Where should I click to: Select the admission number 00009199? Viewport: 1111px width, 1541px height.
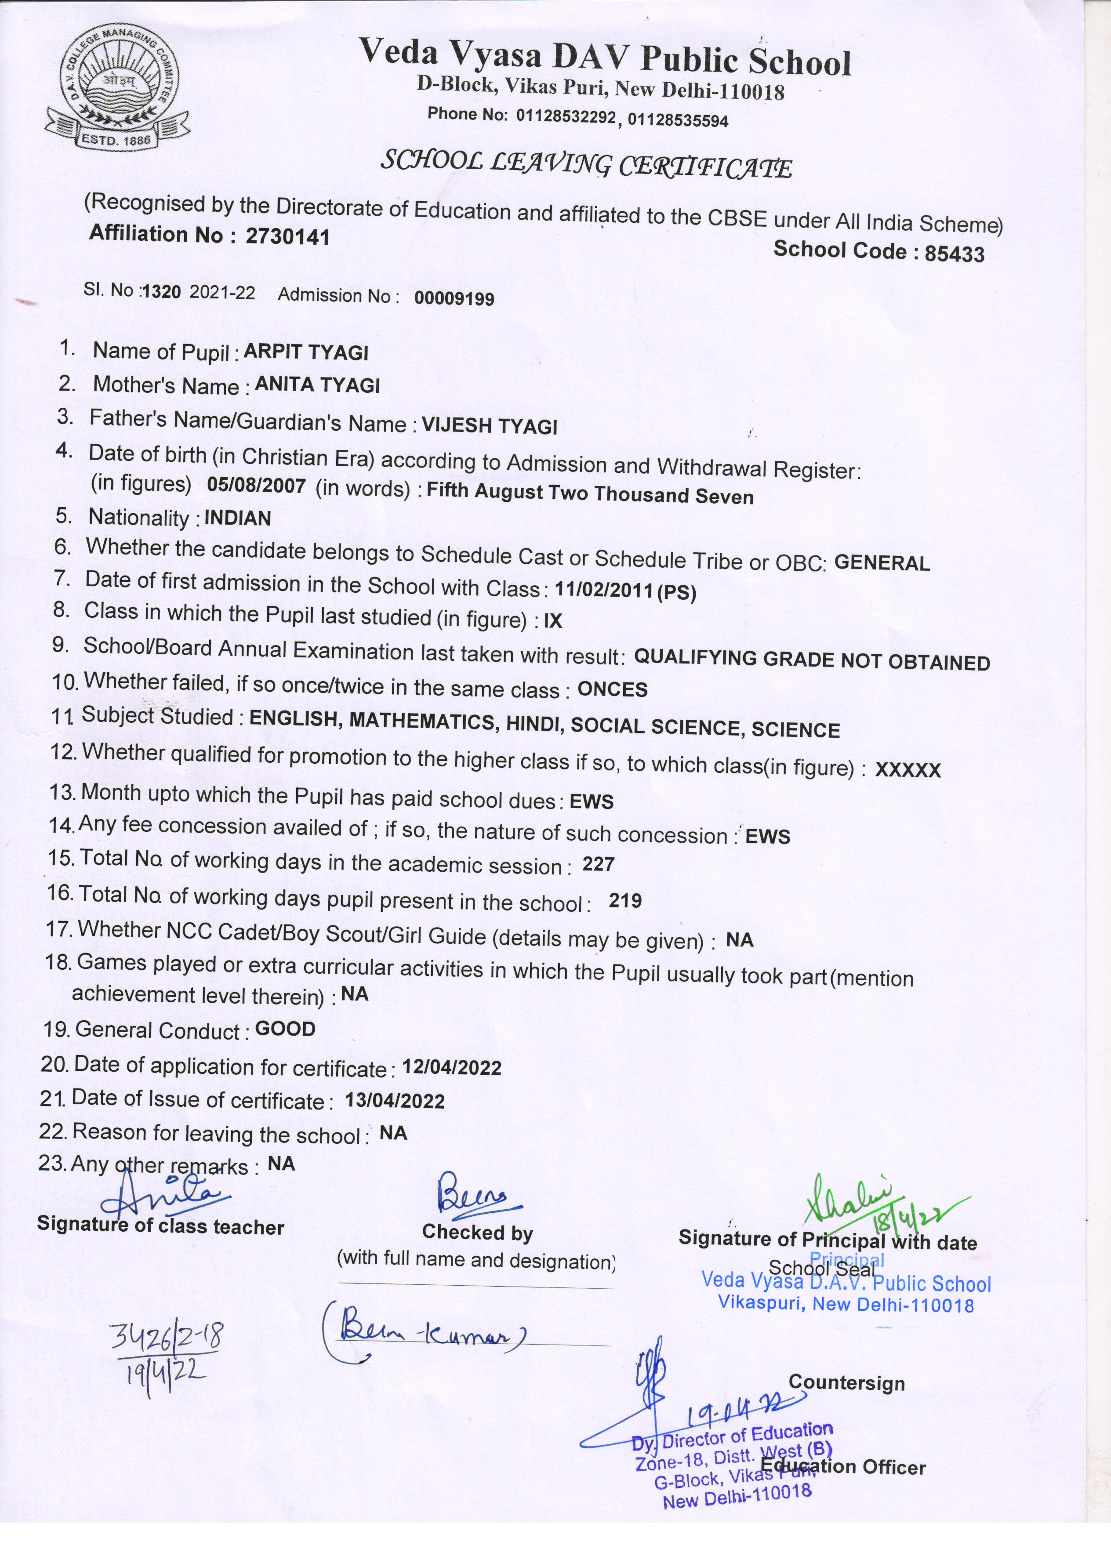pyautogui.click(x=454, y=298)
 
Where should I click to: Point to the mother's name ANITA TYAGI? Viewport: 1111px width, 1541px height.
pyautogui.click(x=317, y=386)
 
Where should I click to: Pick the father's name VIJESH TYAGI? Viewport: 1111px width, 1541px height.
pyautogui.click(x=489, y=426)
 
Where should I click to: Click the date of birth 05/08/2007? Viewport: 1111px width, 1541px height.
pyautogui.click(x=256, y=485)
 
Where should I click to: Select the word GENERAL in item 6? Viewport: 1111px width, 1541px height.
pyautogui.click(x=881, y=563)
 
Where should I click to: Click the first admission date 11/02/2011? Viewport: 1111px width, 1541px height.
pyautogui.click(x=604, y=590)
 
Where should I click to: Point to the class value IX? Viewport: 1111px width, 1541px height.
pyautogui.click(x=553, y=620)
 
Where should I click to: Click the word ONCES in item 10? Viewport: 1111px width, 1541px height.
pyautogui.click(x=612, y=689)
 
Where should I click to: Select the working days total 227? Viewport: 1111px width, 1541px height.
pyautogui.click(x=598, y=865)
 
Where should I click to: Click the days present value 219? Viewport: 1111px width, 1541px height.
pyautogui.click(x=625, y=901)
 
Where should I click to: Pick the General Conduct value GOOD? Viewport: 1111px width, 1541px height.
pyautogui.click(x=285, y=1029)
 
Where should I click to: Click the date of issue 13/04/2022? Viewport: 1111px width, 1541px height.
pyautogui.click(x=395, y=1101)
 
